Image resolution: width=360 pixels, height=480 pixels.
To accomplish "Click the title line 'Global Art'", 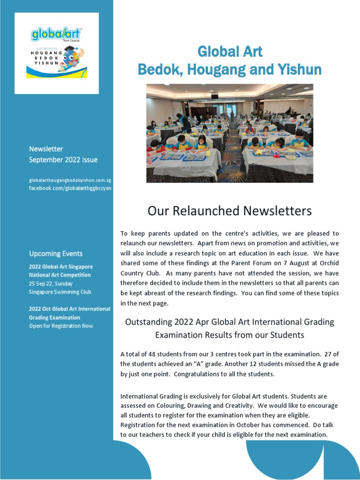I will [230, 51].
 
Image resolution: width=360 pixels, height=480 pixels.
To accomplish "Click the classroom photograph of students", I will [230, 133].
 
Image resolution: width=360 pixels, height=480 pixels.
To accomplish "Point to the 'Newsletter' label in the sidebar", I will [46, 149].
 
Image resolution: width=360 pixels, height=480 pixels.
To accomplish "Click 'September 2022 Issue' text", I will [63, 159].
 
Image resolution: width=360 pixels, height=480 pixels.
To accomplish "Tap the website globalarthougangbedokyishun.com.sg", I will [70, 180].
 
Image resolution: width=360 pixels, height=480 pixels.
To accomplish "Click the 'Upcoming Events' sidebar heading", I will [56, 254].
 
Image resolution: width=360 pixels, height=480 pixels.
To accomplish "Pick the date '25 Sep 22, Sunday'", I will [51, 284].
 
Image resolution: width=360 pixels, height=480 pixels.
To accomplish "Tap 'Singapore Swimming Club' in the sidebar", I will [60, 292].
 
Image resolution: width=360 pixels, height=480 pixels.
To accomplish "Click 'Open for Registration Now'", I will [61, 326].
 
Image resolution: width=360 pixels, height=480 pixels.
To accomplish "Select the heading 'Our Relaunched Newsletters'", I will [229, 211].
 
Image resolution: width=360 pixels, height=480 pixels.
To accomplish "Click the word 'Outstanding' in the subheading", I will [148, 322].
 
